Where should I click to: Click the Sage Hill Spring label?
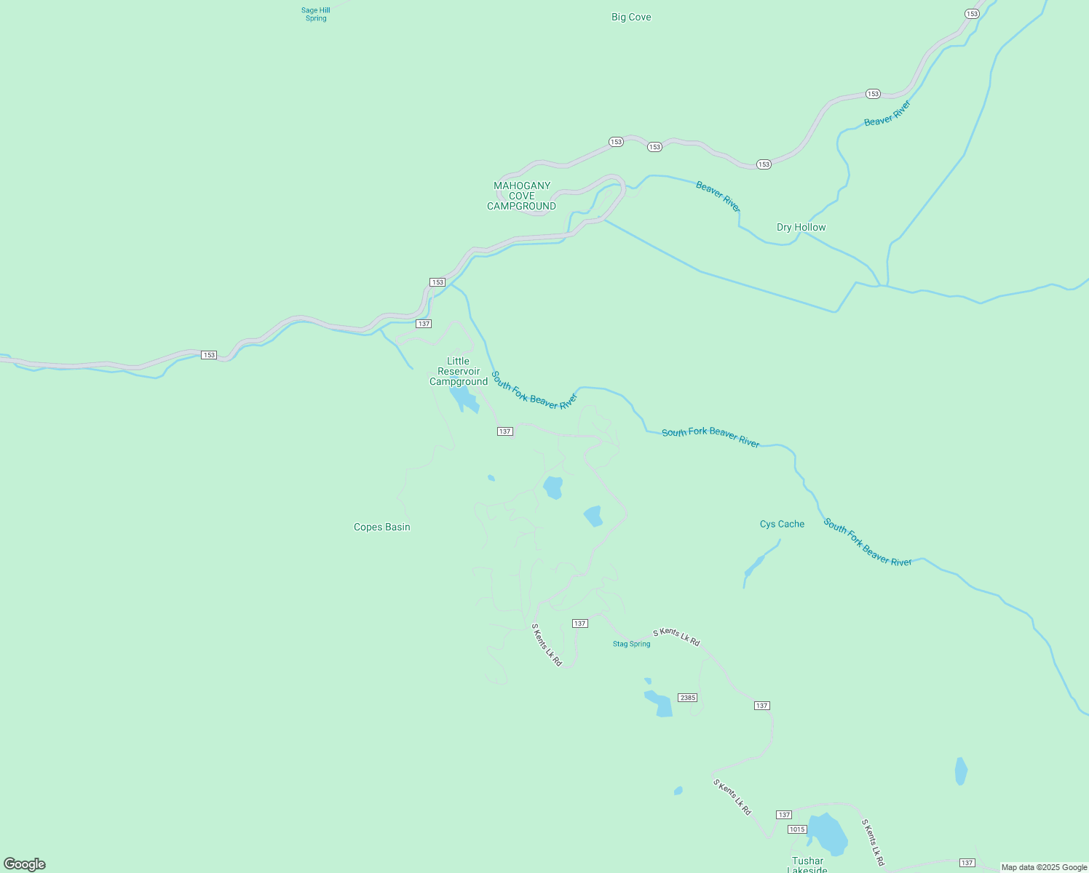tap(316, 14)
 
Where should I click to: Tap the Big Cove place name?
tap(631, 17)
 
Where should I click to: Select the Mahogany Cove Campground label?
tap(521, 196)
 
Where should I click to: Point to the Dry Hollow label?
tap(801, 227)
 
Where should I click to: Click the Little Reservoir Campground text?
tap(459, 371)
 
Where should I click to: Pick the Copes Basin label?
tap(381, 527)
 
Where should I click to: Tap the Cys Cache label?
tap(782, 524)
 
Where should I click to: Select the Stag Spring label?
tap(631, 644)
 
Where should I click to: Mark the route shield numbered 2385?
tap(687, 698)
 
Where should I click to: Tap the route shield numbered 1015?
tap(797, 829)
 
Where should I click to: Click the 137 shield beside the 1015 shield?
tap(783, 814)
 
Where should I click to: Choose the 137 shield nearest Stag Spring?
tap(579, 623)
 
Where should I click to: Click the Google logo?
tap(25, 864)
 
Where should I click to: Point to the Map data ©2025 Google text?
tap(1043, 867)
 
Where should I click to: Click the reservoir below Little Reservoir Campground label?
tap(463, 399)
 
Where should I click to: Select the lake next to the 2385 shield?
tap(660, 703)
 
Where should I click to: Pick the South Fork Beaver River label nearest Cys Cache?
tap(868, 542)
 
